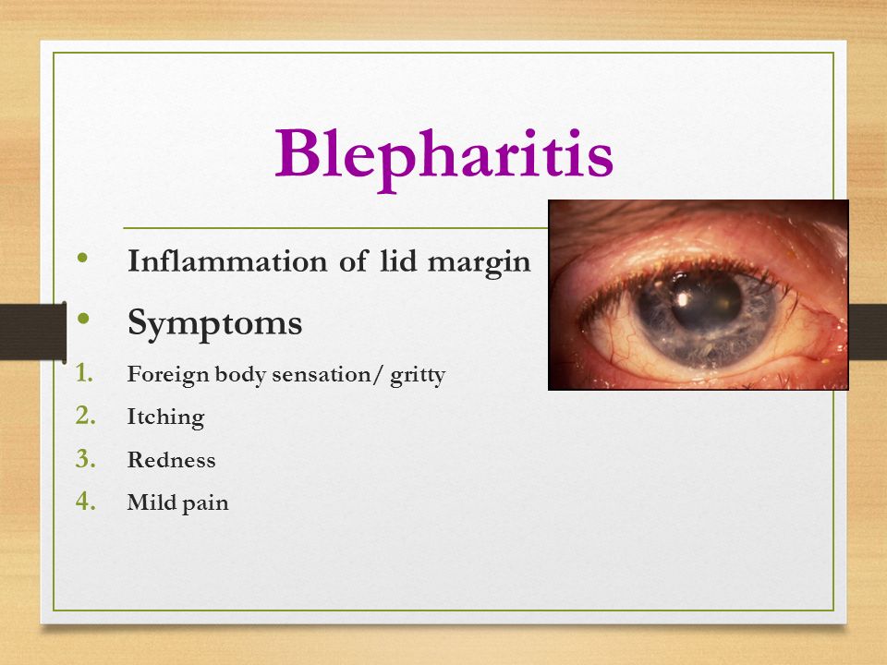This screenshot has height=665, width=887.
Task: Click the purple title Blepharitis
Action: tap(444, 157)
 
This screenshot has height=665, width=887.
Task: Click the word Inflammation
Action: tap(227, 261)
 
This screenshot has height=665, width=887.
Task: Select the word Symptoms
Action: tap(215, 324)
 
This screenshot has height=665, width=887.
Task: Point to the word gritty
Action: tap(418, 375)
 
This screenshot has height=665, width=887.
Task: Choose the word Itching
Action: tap(165, 417)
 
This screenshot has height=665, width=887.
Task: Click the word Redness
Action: tap(172, 460)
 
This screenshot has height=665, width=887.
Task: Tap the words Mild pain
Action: tap(177, 502)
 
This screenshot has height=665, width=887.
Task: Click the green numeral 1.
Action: tap(85, 373)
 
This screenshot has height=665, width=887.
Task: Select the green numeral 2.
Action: tap(85, 416)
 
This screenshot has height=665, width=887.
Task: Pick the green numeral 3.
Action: tap(85, 459)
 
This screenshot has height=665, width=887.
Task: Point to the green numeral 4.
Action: tap(85, 501)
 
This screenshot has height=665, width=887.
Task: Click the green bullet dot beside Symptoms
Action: tap(84, 318)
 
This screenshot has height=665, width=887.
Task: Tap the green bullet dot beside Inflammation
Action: tap(83, 258)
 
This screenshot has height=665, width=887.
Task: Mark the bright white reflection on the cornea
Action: tap(683, 298)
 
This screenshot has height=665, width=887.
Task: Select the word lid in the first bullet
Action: tap(399, 260)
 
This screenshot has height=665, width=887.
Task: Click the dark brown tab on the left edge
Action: tap(33, 332)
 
